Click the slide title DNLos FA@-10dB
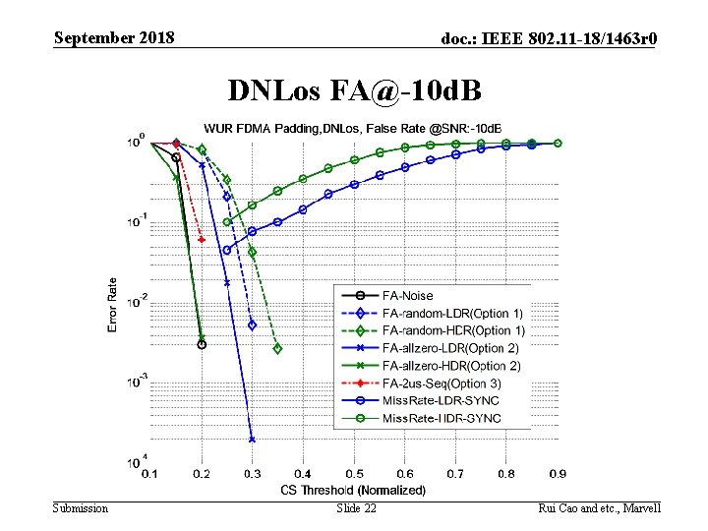[x=354, y=90]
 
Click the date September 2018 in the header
[x=114, y=38]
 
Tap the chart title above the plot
[x=352, y=128]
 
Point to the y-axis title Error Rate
[x=112, y=303]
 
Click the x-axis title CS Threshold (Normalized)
[x=353, y=490]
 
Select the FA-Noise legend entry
[x=407, y=295]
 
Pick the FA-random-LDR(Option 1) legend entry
[x=452, y=313]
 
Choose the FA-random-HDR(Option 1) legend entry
[x=452, y=330]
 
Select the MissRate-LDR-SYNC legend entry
[x=441, y=400]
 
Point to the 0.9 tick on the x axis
[x=558, y=474]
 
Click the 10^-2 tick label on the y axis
[x=137, y=300]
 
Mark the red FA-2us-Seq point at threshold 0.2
[x=201, y=239]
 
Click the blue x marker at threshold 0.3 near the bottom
[x=252, y=440]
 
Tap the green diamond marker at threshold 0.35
[x=277, y=348]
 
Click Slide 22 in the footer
[x=356, y=507]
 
